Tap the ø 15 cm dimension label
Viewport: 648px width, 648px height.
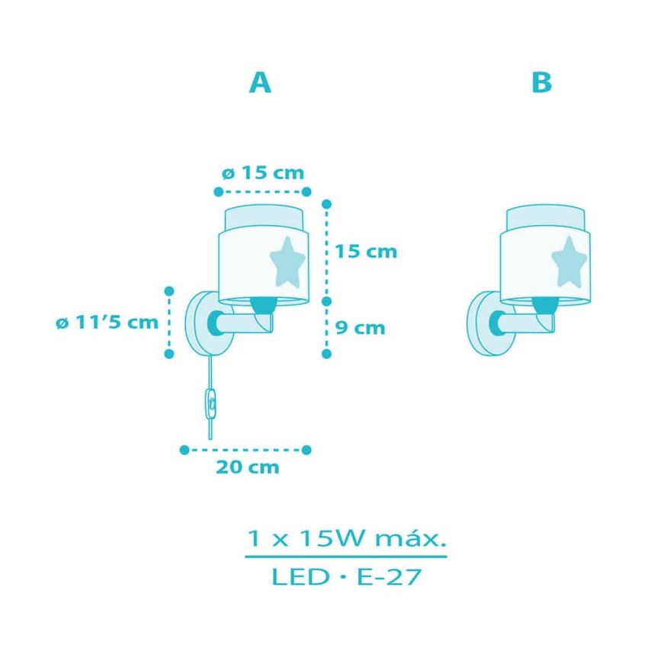(x=263, y=173)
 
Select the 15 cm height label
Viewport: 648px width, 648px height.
(x=366, y=252)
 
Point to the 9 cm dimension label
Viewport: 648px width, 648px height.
(x=360, y=328)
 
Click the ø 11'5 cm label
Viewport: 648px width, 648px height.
(x=107, y=322)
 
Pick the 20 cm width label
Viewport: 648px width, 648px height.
(x=248, y=467)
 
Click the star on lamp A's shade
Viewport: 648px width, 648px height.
(x=287, y=262)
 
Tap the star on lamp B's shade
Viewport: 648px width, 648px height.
(x=569, y=261)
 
